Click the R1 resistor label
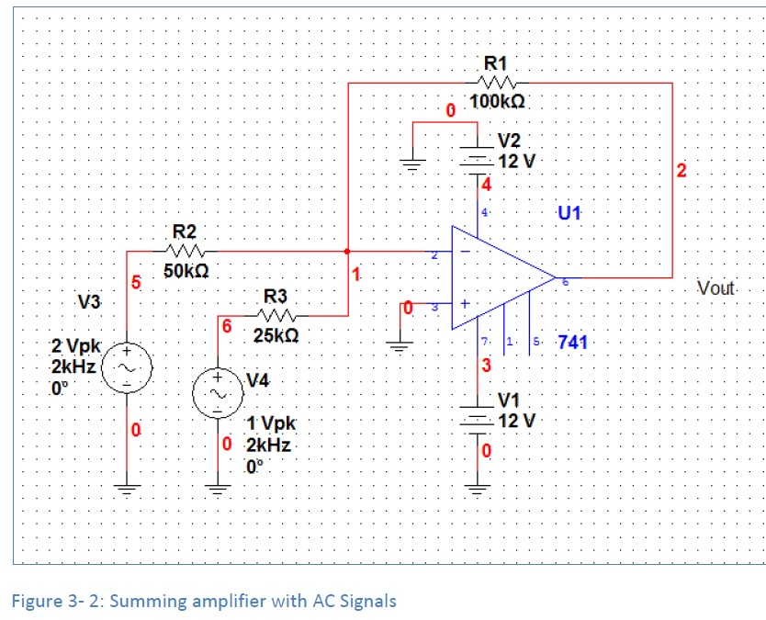(495, 63)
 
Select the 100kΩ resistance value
(497, 101)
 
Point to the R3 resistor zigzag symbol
(276, 316)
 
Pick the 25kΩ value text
(275, 336)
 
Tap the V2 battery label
(509, 141)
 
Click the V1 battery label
(509, 400)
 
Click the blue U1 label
(569, 214)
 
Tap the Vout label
(716, 287)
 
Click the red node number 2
(681, 170)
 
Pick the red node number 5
(134, 282)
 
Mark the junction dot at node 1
(346, 251)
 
